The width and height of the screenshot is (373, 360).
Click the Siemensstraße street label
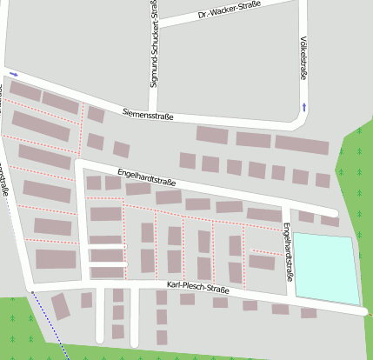[148, 115]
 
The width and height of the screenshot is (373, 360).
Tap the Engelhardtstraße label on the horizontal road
[147, 179]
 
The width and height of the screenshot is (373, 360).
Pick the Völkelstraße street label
[303, 57]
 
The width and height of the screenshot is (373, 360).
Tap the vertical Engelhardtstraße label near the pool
[288, 251]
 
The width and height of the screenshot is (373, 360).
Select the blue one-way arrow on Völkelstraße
[304, 108]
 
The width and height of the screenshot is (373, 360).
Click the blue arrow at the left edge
[13, 74]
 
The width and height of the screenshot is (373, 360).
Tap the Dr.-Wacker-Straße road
[261, 14]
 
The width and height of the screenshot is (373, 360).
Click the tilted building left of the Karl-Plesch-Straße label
[60, 306]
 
